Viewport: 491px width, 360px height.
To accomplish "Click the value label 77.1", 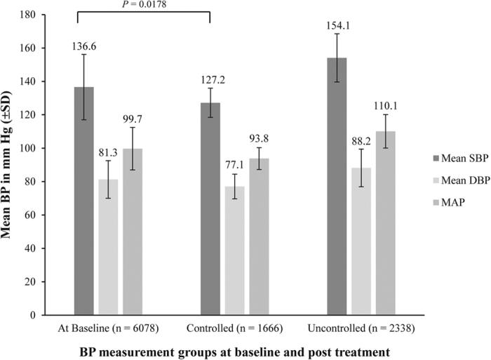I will [235, 165].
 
